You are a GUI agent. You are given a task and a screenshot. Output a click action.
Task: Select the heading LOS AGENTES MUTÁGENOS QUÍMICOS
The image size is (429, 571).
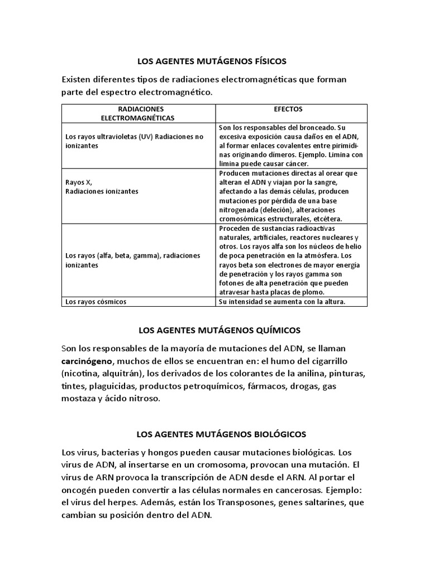214,331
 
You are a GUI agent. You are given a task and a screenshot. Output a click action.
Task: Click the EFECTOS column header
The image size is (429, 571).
292,109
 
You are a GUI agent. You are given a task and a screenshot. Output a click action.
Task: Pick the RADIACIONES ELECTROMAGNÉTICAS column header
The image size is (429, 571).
137,114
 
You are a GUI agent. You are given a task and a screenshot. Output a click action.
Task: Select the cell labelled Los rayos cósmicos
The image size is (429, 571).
96,302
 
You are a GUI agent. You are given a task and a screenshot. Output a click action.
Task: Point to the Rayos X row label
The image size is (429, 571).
78,182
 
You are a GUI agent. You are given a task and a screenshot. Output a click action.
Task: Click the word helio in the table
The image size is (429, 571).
356,247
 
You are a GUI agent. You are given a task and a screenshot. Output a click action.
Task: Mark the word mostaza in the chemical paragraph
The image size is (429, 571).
82,399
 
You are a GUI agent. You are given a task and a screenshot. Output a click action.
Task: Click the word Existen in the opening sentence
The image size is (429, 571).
79,79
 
